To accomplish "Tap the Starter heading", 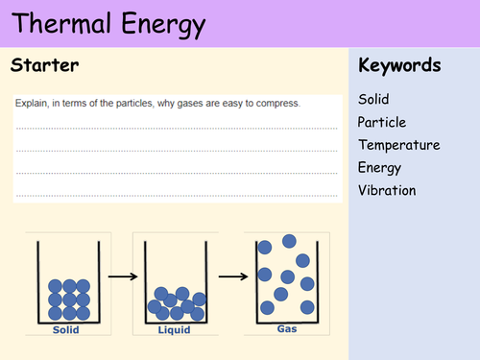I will coord(44,66).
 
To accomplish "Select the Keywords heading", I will coord(399,66).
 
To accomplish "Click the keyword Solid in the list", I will coord(373,99).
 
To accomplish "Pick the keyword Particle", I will coord(381,122).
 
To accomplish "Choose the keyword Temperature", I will coord(398,145).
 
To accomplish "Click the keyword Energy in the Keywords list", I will coord(379,168).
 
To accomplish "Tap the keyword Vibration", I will coord(387,190).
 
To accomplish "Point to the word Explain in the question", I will coord(35,103).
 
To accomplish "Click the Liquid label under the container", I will coord(175,329).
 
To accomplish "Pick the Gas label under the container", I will coord(287,327).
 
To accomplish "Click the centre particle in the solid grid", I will coord(69,300).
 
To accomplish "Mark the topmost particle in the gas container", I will coord(290,241).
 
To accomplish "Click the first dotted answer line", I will coord(178,126).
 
